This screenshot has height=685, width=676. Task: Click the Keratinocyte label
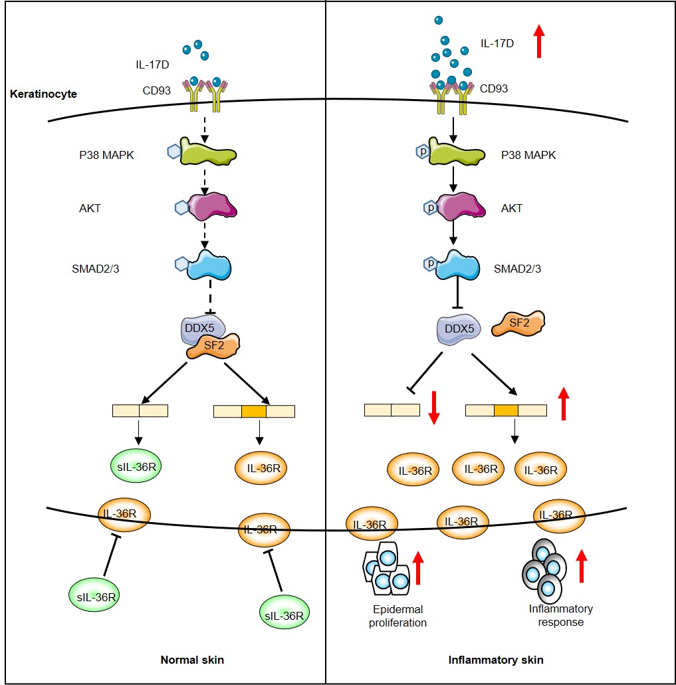point(44,94)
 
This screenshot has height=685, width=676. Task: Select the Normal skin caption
point(192,660)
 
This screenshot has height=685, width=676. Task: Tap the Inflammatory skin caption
point(496,660)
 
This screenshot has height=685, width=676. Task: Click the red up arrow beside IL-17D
point(539,41)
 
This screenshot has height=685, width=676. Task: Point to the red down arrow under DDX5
point(433,408)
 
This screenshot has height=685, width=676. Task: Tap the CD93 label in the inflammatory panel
point(494,88)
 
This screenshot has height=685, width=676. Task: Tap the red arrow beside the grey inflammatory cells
point(582,565)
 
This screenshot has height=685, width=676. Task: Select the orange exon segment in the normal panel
point(253,411)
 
